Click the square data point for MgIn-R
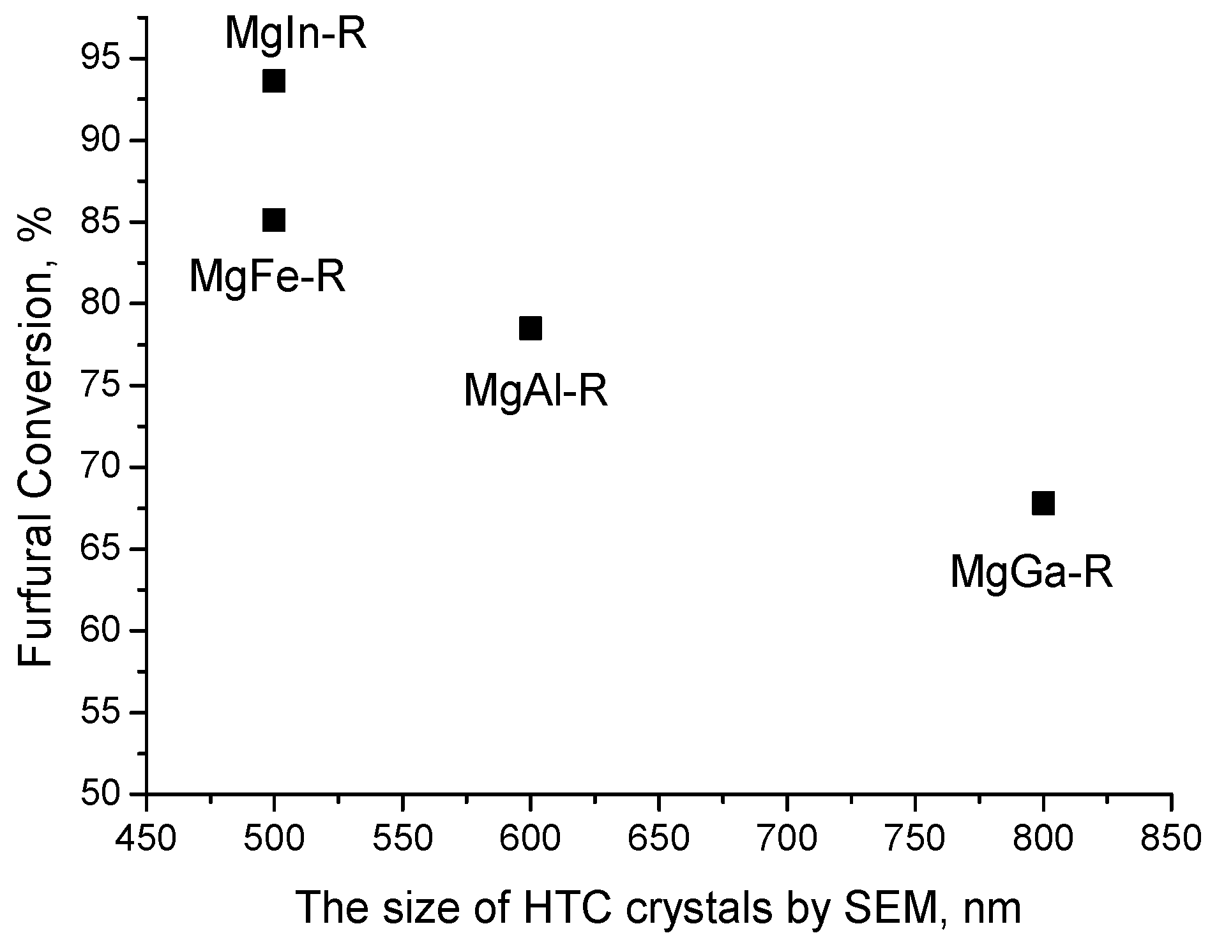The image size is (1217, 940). coord(273,82)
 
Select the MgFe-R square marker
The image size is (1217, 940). coord(273,220)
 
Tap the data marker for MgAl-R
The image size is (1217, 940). coord(530,328)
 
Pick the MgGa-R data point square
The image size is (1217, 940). coord(1043,503)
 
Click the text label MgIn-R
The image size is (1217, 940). coord(296,34)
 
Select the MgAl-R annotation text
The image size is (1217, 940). coord(535,390)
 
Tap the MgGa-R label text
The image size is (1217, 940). coord(1031,572)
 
